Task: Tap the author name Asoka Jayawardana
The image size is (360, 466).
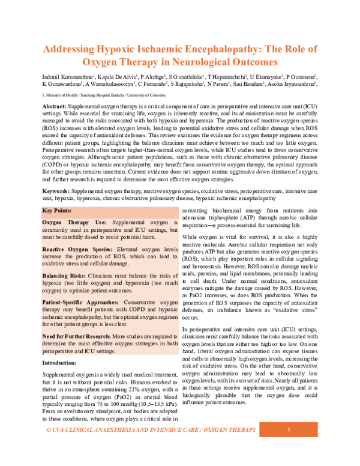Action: (x=293, y=86)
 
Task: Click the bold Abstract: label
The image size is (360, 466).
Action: (x=55, y=105)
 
